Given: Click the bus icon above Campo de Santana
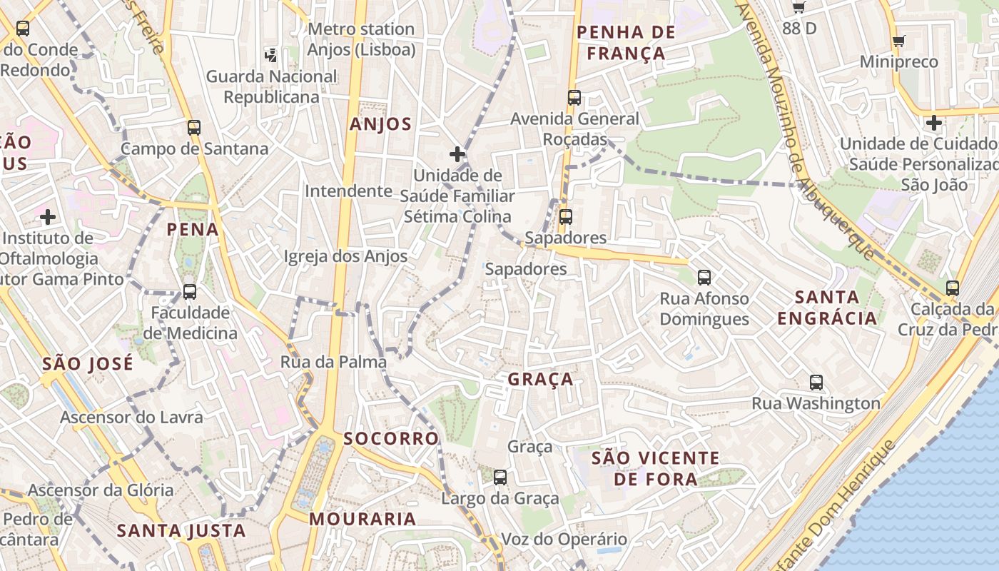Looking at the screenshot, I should coord(193,128).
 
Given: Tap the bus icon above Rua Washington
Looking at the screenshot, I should coord(816,382).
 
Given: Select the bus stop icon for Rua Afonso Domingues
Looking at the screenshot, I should coord(704,277).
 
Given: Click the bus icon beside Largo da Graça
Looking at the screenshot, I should coord(500,477).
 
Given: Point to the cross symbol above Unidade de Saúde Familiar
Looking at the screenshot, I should coord(457,153).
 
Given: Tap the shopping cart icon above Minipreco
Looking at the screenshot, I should coord(899,41).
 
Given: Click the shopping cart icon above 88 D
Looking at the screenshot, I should coord(799,8).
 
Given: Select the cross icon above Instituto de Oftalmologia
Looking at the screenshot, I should coord(48,216).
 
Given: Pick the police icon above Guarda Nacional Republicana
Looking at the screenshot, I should coord(271,55).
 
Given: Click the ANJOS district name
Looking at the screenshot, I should coord(380,124).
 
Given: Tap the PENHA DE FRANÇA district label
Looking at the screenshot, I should coord(625,42).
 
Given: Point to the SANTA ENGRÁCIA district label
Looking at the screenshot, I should coord(827,307).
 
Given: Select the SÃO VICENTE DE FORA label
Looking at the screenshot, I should coord(656,468).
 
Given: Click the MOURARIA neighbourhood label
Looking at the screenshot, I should coord(362,519).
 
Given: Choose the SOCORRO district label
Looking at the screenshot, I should coord(391,438).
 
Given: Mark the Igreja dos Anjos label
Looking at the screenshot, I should coord(345,256).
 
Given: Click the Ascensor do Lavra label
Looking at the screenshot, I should coord(131,417).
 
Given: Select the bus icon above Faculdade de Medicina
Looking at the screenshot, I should coord(189,291).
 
